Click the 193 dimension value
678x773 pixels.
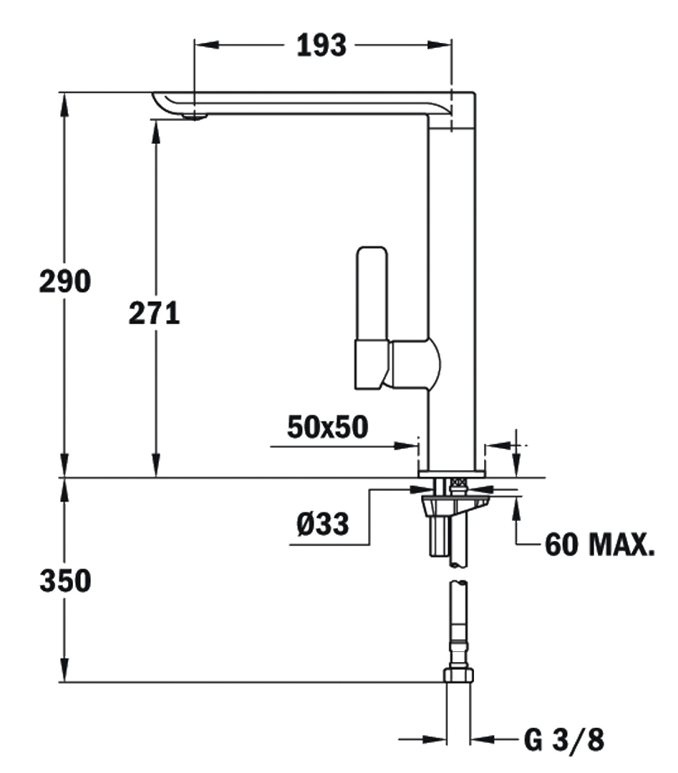pyautogui.click(x=321, y=46)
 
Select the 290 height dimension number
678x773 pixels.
pyautogui.click(x=64, y=281)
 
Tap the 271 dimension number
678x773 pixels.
pyautogui.click(x=154, y=313)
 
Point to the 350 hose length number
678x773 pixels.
pyautogui.click(x=64, y=580)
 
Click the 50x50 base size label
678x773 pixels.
pyautogui.click(x=327, y=427)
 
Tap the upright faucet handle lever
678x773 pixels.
pyautogui.click(x=373, y=293)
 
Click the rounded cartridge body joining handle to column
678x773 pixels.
pyautogui.click(x=414, y=364)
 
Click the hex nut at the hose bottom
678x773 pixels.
pyautogui.click(x=458, y=674)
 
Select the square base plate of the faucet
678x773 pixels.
pyautogui.click(x=452, y=472)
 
